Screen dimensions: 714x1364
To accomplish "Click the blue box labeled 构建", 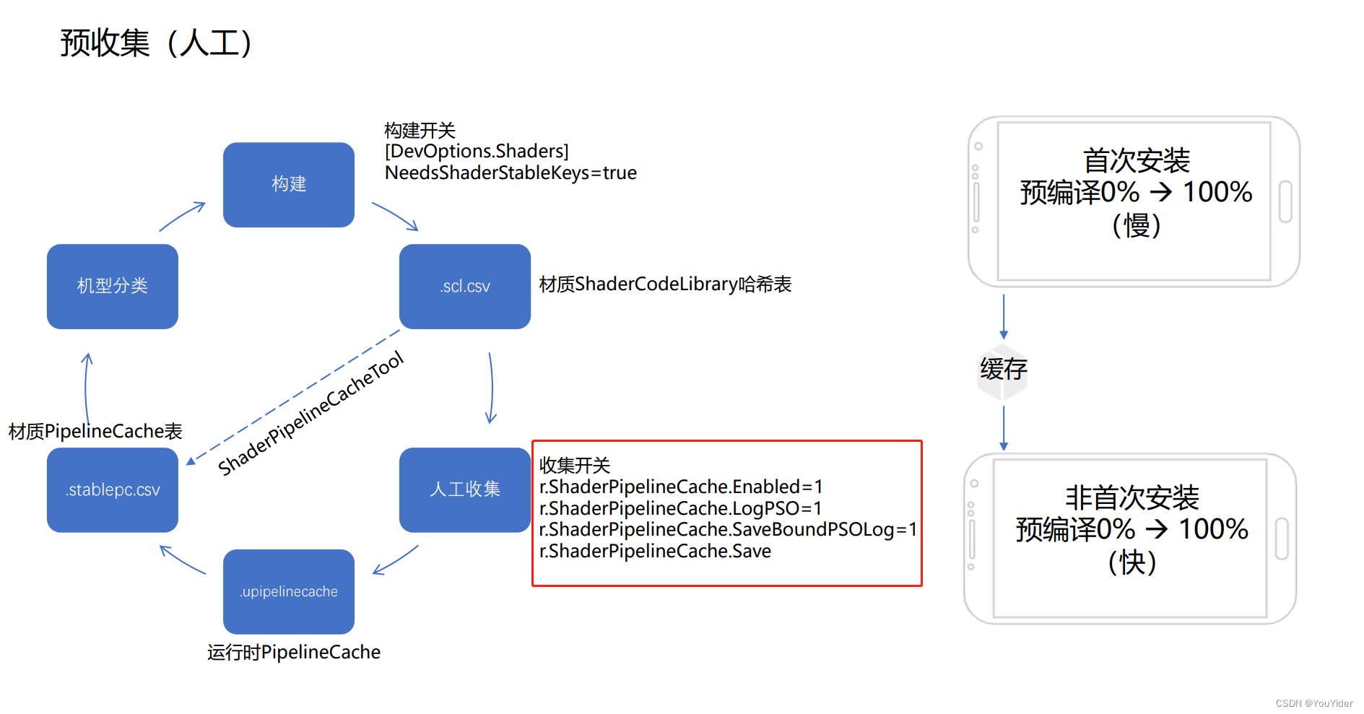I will coord(288,185).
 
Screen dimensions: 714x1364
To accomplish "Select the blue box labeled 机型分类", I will coord(112,287).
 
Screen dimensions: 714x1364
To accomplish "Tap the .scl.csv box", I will coord(464,287).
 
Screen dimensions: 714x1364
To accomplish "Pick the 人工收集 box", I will coord(464,489).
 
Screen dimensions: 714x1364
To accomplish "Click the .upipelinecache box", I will coord(288,592).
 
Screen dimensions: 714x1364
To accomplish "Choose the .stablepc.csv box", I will coord(112,490).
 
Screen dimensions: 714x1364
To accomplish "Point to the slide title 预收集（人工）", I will coord(156,43).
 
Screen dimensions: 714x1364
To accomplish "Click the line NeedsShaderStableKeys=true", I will coord(511,173).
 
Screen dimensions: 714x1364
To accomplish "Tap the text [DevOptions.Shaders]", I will coord(477,152).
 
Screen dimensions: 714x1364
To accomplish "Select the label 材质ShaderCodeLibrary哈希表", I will coord(665,284).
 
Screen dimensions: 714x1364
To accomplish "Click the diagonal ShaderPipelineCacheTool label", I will coord(310,414).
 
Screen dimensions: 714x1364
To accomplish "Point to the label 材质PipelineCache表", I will coord(95,432).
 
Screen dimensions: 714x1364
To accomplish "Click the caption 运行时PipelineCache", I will coord(293,653).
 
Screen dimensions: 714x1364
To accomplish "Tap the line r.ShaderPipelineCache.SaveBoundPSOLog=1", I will coord(728,530).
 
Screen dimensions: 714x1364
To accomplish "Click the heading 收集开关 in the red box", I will coord(575,466).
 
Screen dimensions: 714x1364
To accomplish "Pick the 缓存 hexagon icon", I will coord(1003,370).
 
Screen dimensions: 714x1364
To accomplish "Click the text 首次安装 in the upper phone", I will coord(1136,160).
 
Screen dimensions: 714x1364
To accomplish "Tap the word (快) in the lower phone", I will coord(1131,562).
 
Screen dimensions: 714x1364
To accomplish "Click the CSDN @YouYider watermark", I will coord(1313,703).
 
